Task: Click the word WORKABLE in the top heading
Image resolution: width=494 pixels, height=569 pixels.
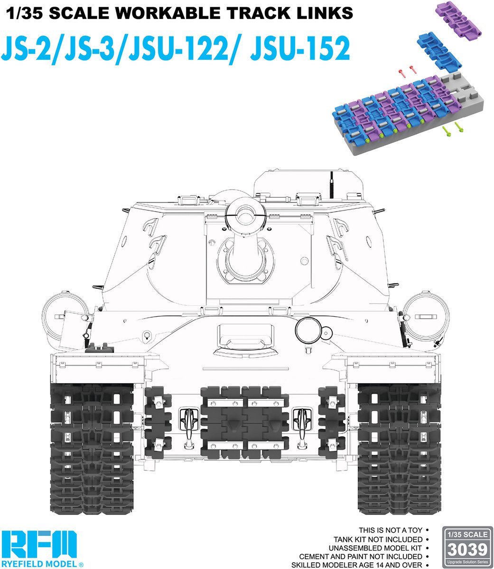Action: [x=166, y=13]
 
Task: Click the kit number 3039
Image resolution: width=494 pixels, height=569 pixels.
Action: [x=467, y=550]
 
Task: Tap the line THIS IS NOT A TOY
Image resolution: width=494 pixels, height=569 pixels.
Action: [x=391, y=530]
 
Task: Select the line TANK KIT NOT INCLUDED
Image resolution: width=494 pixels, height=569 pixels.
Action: [x=378, y=539]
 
